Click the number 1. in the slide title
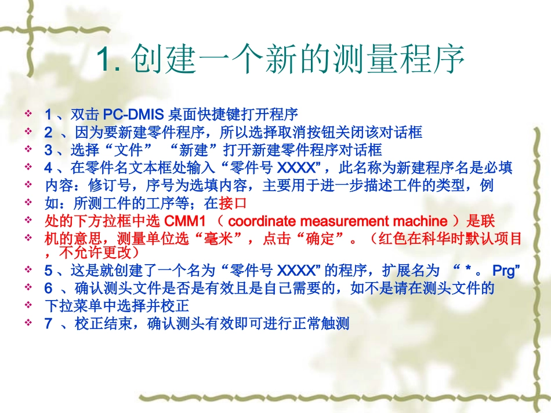click(108, 60)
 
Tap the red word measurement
click(345, 221)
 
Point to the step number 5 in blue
click(48, 270)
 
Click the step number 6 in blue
click(48, 287)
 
